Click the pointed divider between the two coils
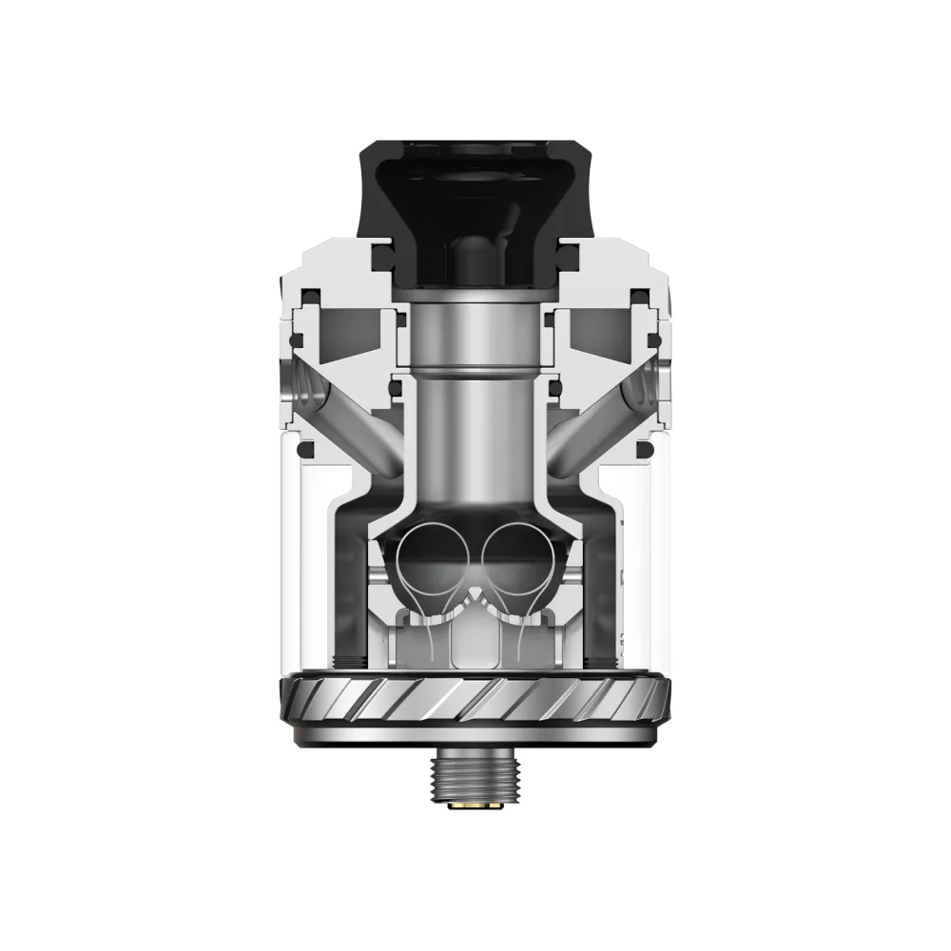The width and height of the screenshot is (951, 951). click(475, 594)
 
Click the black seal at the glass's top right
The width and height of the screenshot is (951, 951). click(643, 448)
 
